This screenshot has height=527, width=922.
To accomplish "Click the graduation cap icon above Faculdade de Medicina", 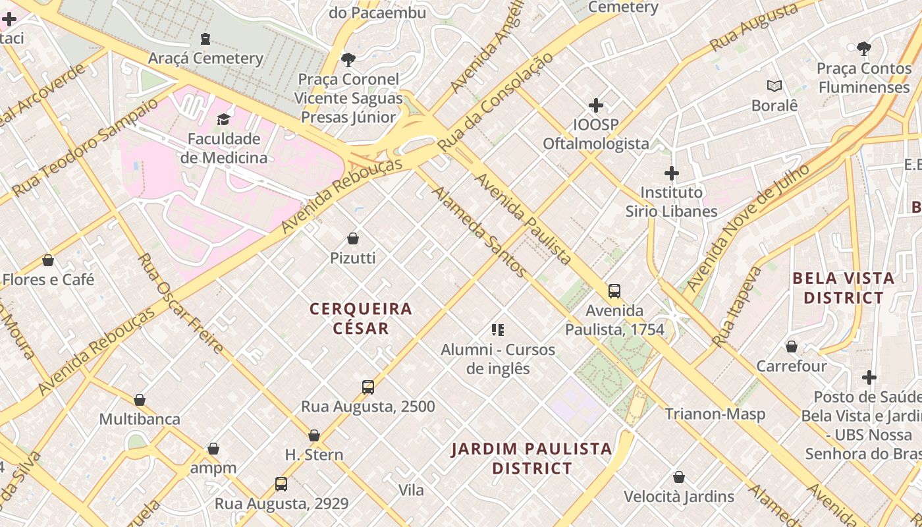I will pyautogui.click(x=223, y=119).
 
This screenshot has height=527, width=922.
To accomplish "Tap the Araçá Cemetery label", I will pyautogui.click(x=205, y=58).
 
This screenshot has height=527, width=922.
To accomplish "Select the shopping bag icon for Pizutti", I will pyautogui.click(x=353, y=238).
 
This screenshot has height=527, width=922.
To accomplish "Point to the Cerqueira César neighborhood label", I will pyautogui.click(x=361, y=318).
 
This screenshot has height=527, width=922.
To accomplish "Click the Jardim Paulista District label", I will pyautogui.click(x=532, y=459).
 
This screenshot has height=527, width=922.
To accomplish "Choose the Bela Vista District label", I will pyautogui.click(x=843, y=288).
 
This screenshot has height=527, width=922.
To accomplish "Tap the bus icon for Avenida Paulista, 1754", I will pyautogui.click(x=614, y=291).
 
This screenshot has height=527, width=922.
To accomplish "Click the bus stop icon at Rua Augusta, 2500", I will pyautogui.click(x=367, y=387).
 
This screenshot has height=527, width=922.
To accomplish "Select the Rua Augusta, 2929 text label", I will pyautogui.click(x=281, y=504).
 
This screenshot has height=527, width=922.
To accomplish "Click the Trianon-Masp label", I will pyautogui.click(x=715, y=414).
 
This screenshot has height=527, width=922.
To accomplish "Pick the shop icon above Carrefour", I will pyautogui.click(x=792, y=346).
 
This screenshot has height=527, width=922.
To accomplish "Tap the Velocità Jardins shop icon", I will pyautogui.click(x=679, y=476).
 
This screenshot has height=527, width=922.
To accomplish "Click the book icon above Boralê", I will pyautogui.click(x=774, y=86).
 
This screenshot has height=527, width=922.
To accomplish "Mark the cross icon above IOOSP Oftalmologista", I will pyautogui.click(x=596, y=105).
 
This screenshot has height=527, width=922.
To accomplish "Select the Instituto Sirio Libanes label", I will pyautogui.click(x=671, y=202).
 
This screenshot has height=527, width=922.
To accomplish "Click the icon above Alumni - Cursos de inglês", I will pyautogui.click(x=498, y=329).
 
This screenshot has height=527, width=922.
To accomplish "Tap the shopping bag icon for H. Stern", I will pyautogui.click(x=314, y=435).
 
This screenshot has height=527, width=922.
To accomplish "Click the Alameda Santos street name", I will pyautogui.click(x=479, y=231).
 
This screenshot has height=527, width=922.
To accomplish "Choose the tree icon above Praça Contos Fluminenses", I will pyautogui.click(x=863, y=48).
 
